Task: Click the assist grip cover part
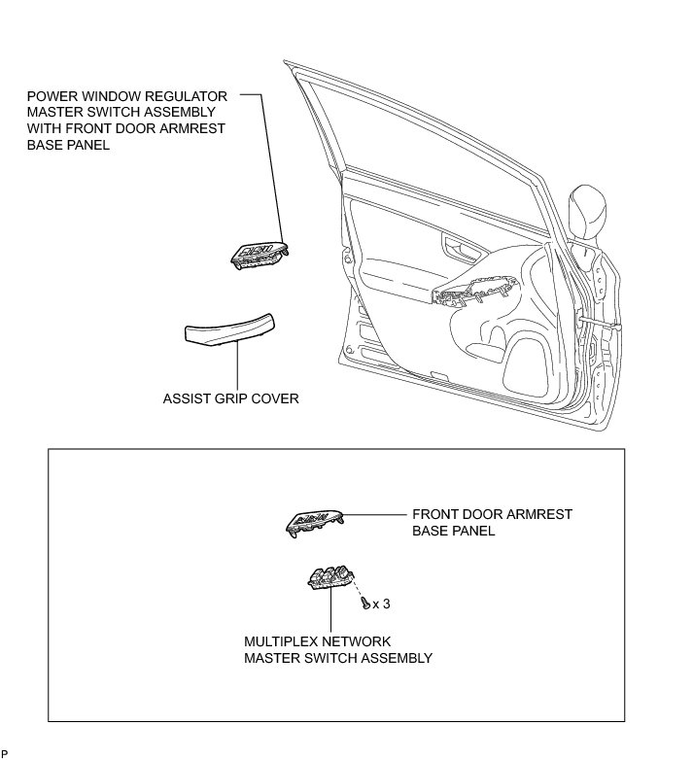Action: [230, 330]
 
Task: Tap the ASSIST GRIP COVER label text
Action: [231, 398]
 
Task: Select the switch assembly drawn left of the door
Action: [260, 253]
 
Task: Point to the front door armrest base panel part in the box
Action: [313, 521]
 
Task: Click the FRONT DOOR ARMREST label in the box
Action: [492, 514]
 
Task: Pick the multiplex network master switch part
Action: [331, 576]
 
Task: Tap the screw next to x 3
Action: [364, 604]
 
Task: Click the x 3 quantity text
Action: [382, 604]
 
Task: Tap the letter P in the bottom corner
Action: [5, 753]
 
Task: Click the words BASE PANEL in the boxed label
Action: [454, 531]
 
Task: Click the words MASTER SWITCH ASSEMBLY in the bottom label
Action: [338, 658]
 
